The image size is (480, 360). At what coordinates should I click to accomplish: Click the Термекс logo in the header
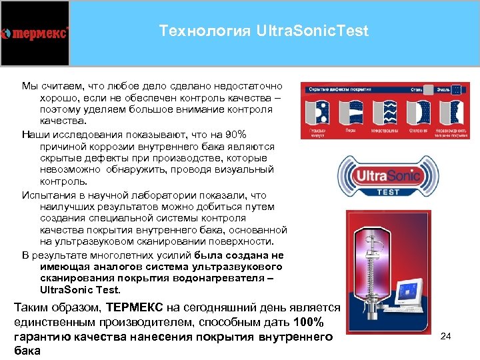coord(35,33)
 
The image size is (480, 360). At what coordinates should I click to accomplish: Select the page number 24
coord(446,336)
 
